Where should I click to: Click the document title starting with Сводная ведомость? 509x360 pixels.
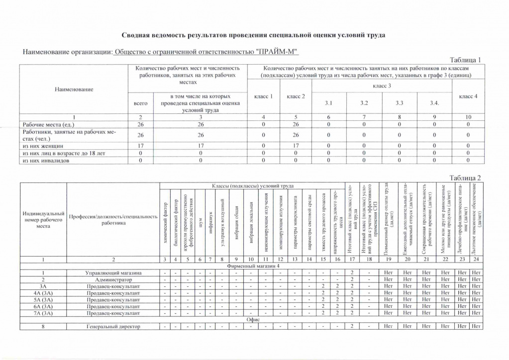pyautogui.click(x=253, y=35)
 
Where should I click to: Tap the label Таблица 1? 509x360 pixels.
pyautogui.click(x=466, y=60)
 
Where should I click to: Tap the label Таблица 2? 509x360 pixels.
pyautogui.click(x=466, y=178)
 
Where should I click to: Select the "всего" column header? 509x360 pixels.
pyautogui.click(x=141, y=103)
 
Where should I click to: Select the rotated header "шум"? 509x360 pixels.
pyautogui.click(x=200, y=221)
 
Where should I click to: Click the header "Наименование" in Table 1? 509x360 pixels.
pyautogui.click(x=74, y=89)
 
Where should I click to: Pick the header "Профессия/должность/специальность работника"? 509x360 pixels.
pyautogui.click(x=113, y=219)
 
